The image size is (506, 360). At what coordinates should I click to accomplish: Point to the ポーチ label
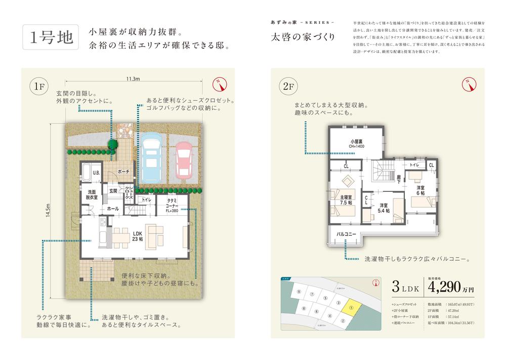pyautogui.click(x=124, y=172)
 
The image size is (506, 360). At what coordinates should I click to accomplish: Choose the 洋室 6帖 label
pyautogui.click(x=421, y=190)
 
